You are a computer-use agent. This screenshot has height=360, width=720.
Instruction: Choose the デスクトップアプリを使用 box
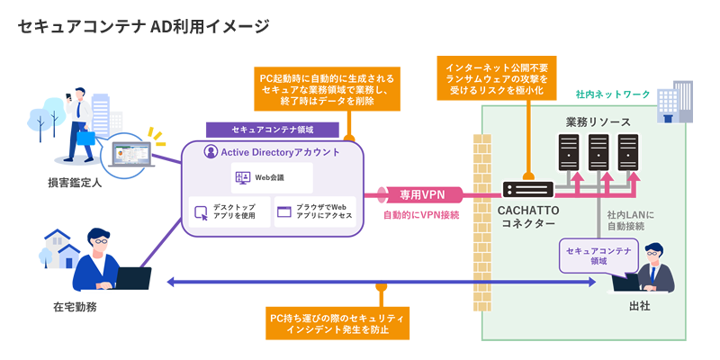click(x=229, y=212)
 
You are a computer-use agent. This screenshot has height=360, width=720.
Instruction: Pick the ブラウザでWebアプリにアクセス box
click(x=314, y=212)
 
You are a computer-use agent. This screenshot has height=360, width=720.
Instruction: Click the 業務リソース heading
click(x=598, y=121)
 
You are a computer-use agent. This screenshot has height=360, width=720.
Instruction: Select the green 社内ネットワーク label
click(x=612, y=94)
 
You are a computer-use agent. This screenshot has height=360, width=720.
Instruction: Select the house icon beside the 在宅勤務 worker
click(x=61, y=247)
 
